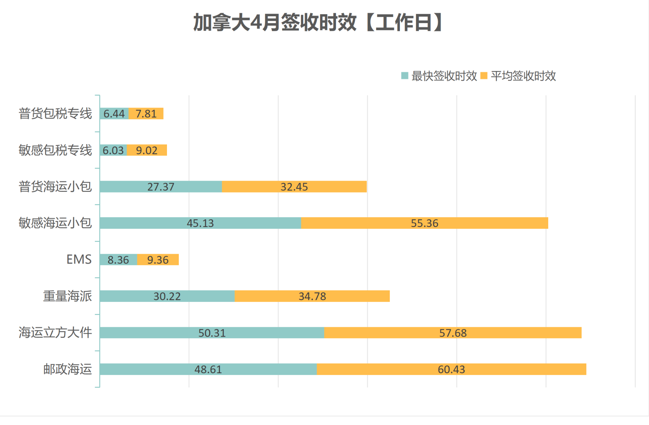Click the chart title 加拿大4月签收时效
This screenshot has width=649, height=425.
point(318,23)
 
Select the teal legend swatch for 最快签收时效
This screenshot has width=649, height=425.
point(405,75)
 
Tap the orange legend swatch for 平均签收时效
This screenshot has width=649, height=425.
point(484,75)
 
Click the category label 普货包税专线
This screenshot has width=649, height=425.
point(55,114)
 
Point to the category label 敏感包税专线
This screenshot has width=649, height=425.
point(55,150)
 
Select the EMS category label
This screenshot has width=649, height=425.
point(79,260)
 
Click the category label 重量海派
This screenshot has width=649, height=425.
point(67,296)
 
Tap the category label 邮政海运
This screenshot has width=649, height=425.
point(67,369)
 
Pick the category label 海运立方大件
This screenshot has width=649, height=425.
point(55,333)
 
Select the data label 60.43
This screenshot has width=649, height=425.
point(451,369)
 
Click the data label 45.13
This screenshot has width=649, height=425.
point(200,223)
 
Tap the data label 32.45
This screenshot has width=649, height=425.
point(294,187)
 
